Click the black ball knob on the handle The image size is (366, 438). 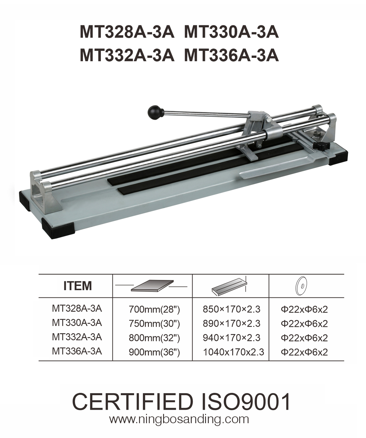pyautogui.click(x=156, y=112)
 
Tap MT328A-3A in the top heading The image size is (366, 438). pyautogui.click(x=127, y=32)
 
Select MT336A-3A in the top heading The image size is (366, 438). pyautogui.click(x=231, y=56)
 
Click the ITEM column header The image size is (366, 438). pyautogui.click(x=77, y=286)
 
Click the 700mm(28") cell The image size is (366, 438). pyautogui.click(x=154, y=309)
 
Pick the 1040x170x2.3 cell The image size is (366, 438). pyautogui.click(x=233, y=352)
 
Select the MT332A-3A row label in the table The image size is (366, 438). pyautogui.click(x=77, y=337)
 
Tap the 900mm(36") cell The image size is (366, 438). pyautogui.click(x=154, y=353)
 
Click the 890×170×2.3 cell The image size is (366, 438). pyautogui.click(x=231, y=324)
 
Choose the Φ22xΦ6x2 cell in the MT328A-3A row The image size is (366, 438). pyautogui.click(x=304, y=309)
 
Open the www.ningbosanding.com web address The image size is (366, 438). pyautogui.click(x=179, y=419)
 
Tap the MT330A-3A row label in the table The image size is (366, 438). pyautogui.click(x=77, y=323)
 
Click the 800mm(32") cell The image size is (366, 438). pyautogui.click(x=154, y=338)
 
